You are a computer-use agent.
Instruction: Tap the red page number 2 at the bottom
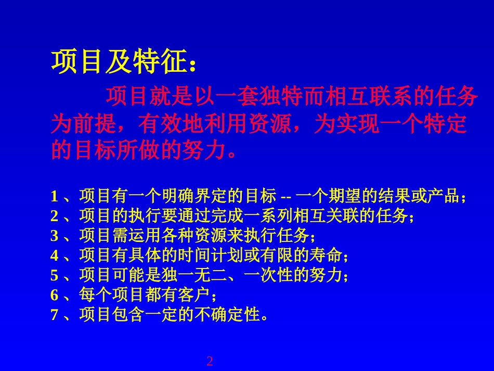210,361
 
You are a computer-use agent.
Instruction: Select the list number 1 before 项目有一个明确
54,197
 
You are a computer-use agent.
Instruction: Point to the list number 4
54,256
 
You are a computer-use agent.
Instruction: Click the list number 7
54,315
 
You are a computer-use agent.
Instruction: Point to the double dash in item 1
287,197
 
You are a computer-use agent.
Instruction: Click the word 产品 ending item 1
443,197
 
